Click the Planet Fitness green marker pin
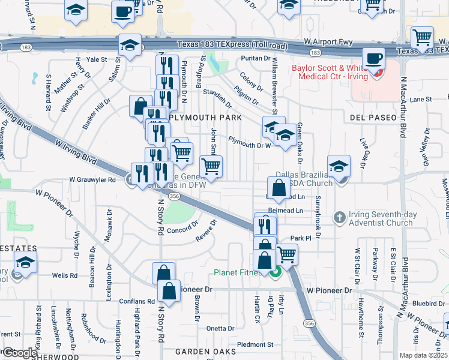pos(276,272)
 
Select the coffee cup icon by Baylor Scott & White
pos(375,59)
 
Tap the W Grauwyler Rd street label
pos(92,179)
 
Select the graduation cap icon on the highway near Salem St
pos(129,44)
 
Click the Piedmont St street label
pos(255,344)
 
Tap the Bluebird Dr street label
pos(429,304)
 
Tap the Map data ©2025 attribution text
pos(424,355)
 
